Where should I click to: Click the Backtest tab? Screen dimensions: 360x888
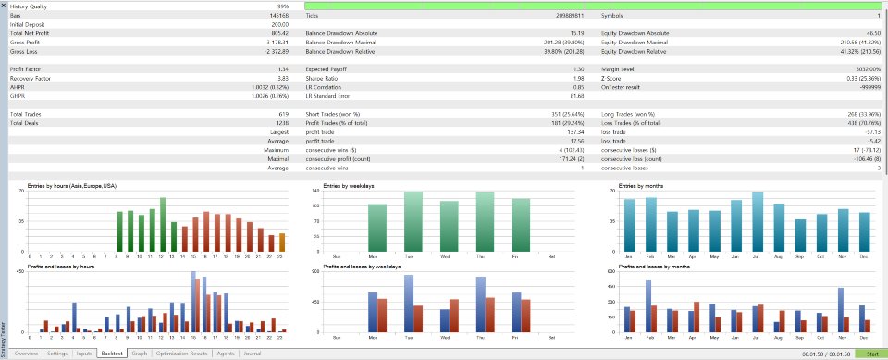pos(112,354)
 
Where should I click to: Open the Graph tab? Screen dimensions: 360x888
pos(140,354)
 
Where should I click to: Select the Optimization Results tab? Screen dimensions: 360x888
pos(181,354)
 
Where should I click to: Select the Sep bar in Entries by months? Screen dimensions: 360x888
pos(800,236)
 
